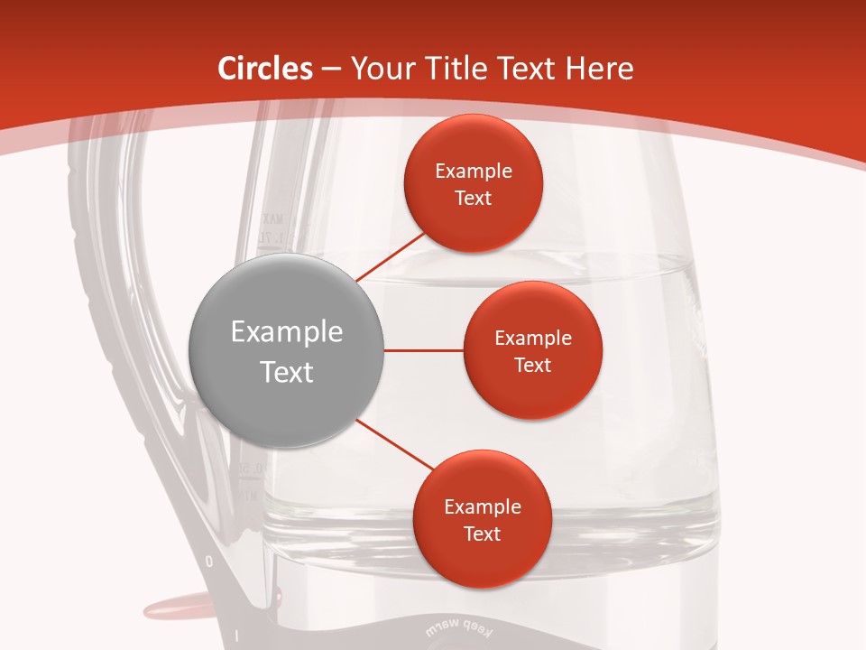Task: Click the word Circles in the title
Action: [265, 69]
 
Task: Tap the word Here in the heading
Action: [599, 69]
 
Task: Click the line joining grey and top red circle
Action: [392, 256]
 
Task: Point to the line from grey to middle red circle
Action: [423, 350]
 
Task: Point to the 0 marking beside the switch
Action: [209, 562]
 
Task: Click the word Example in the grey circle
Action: [287, 332]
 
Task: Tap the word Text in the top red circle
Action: [474, 198]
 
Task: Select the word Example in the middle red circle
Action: [532, 339]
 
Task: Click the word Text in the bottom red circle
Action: [482, 534]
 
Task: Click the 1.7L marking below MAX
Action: [270, 237]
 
